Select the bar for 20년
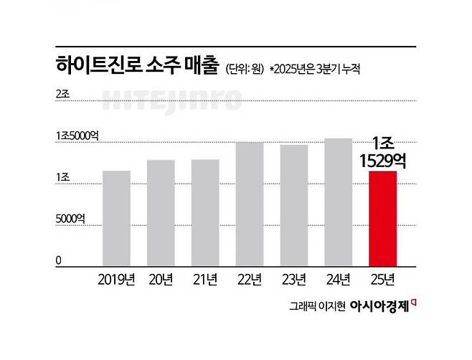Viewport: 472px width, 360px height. (x=161, y=213)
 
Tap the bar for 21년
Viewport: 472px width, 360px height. (x=205, y=213)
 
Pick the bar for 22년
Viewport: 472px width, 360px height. (x=250, y=204)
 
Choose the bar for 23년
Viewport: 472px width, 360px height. (x=294, y=206)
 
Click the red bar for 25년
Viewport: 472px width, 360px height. (x=382, y=219)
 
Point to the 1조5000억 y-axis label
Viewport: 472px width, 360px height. (x=75, y=136)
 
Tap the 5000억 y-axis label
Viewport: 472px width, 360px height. (x=70, y=219)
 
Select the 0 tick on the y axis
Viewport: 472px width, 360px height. (x=59, y=261)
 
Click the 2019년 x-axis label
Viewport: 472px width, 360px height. (x=116, y=279)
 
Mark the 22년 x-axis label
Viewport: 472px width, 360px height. (x=250, y=279)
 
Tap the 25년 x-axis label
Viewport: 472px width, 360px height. (x=382, y=279)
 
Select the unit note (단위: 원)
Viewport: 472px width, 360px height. (x=245, y=69)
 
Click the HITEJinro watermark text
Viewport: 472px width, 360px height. (x=173, y=101)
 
